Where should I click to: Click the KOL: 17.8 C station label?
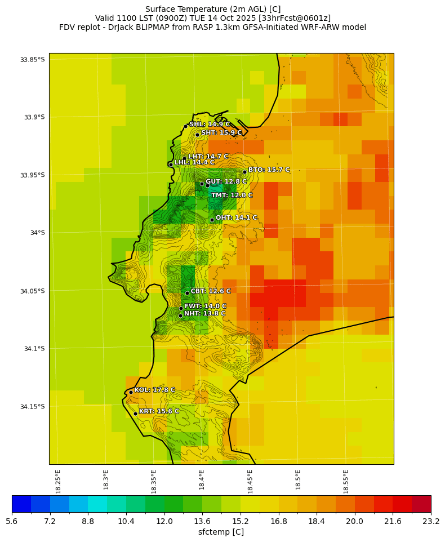tap(154, 390)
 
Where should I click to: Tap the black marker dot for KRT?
tap(135, 414)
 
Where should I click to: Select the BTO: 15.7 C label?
tap(269, 170)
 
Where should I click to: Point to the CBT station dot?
tap(187, 293)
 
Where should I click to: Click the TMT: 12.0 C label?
tap(232, 196)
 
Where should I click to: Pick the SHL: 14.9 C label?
tap(209, 124)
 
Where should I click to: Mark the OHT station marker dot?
tap(212, 220)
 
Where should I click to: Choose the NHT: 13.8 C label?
tap(204, 314)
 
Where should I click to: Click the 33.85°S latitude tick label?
tap(32, 60)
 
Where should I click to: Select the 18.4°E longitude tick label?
tap(202, 481)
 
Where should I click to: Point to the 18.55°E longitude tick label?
tap(346, 481)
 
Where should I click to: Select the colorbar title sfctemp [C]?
tap(221, 532)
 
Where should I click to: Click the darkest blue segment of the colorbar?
tap(21, 504)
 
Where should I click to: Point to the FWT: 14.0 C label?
tap(205, 306)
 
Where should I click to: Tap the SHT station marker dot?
tap(197, 135)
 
